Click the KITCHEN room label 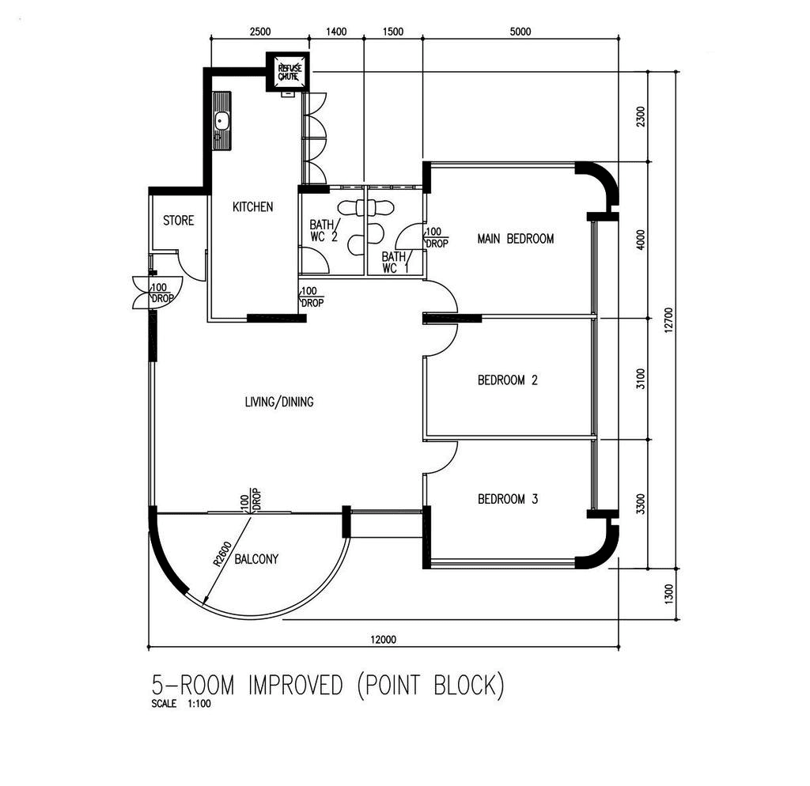coord(252,207)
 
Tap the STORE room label coord(178,221)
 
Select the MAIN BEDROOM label coord(516,239)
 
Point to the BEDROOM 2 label coord(507,380)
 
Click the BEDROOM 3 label coord(507,499)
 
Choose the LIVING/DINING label coord(279,402)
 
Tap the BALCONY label coord(256,559)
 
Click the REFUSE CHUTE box coord(288,72)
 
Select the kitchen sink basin coord(222,121)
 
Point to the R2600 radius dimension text coord(222,554)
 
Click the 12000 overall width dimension coord(383,640)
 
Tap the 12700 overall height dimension coord(669,320)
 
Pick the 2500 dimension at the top coord(259,32)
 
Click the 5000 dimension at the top coord(520,32)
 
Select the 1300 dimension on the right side coord(669,594)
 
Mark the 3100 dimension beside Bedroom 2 coord(641,379)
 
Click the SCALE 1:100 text coord(181,704)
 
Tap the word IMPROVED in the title coord(296,686)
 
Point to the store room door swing coord(189,266)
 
